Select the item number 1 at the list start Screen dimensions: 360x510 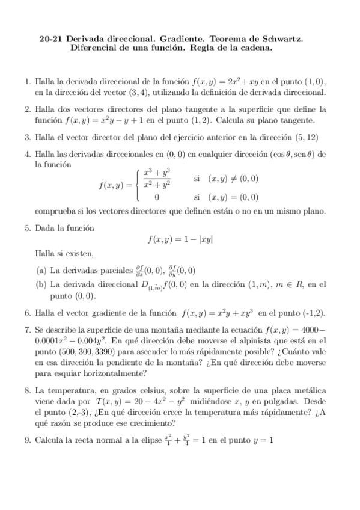[26, 81]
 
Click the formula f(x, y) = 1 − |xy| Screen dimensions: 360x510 [180, 239]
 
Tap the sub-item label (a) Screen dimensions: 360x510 [41, 270]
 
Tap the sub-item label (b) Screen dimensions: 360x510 [41, 284]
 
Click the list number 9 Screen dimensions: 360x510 [26, 440]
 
